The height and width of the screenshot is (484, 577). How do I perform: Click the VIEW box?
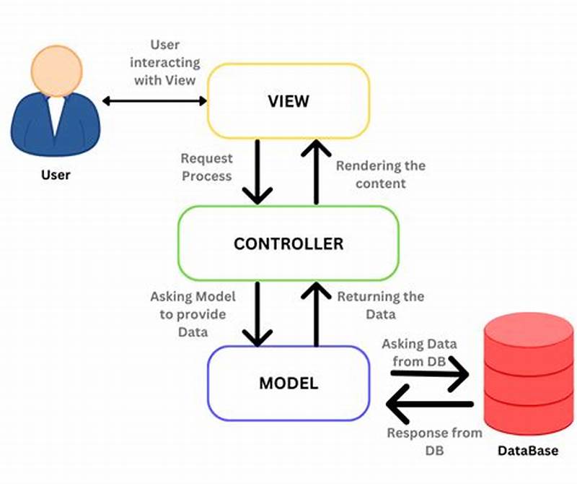(288, 100)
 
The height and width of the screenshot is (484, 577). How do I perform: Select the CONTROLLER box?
(288, 243)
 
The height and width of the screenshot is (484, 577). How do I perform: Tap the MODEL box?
(288, 383)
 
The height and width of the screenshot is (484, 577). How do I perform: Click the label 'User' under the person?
(56, 175)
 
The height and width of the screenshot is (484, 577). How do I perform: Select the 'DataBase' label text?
(528, 451)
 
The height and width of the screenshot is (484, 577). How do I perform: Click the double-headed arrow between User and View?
(154, 101)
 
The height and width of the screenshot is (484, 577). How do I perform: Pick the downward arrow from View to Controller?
(257, 171)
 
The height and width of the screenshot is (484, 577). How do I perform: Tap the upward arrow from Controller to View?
(315, 171)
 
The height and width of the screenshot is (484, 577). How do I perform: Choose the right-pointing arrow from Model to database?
(430, 374)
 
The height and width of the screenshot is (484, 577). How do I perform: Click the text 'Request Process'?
(206, 167)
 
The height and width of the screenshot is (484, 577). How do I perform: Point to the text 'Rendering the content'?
(381, 174)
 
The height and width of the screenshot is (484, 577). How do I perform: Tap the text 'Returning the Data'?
(381, 306)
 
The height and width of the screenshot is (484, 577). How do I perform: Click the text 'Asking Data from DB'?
(419, 352)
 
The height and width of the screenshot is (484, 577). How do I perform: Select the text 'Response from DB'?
(434, 441)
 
